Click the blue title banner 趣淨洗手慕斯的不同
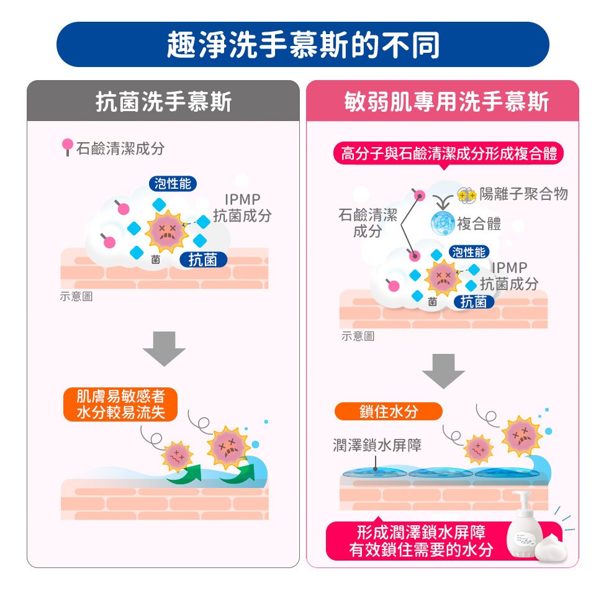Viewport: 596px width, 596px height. click(302, 45)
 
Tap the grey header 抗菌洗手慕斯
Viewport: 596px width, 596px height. click(163, 101)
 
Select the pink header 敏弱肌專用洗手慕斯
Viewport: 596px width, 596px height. click(443, 101)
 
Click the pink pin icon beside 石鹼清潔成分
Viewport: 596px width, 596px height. click(67, 147)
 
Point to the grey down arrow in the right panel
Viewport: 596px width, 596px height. click(443, 371)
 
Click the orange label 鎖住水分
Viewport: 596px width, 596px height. click(389, 411)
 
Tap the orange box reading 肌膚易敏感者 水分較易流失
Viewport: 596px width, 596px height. click(120, 404)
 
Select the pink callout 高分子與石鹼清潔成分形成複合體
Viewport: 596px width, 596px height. click(448, 154)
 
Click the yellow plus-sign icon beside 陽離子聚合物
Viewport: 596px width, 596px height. click(466, 195)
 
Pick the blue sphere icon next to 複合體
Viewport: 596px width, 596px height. click(443, 223)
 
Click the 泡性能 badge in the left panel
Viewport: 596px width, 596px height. click(173, 184)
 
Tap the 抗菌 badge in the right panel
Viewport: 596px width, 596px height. click(474, 302)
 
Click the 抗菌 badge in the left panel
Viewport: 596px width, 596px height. click(203, 260)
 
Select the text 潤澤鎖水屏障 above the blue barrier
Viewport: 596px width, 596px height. click(377, 445)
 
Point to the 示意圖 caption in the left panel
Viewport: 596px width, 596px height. click(76, 296)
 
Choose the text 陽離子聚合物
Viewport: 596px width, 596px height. click(523, 194)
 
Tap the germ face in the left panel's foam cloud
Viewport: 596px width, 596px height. click(167, 232)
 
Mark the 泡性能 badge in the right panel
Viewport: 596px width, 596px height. click(469, 252)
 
